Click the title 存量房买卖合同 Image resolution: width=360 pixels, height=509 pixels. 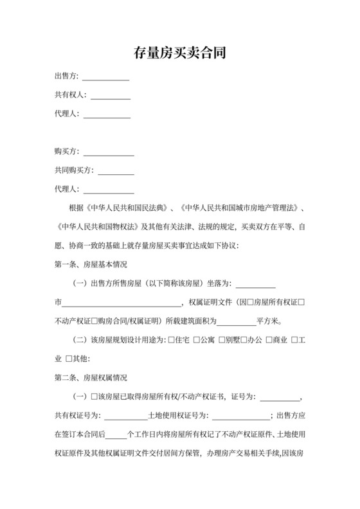coord(179,52)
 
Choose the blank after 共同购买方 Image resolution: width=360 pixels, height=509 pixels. coord(116,172)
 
